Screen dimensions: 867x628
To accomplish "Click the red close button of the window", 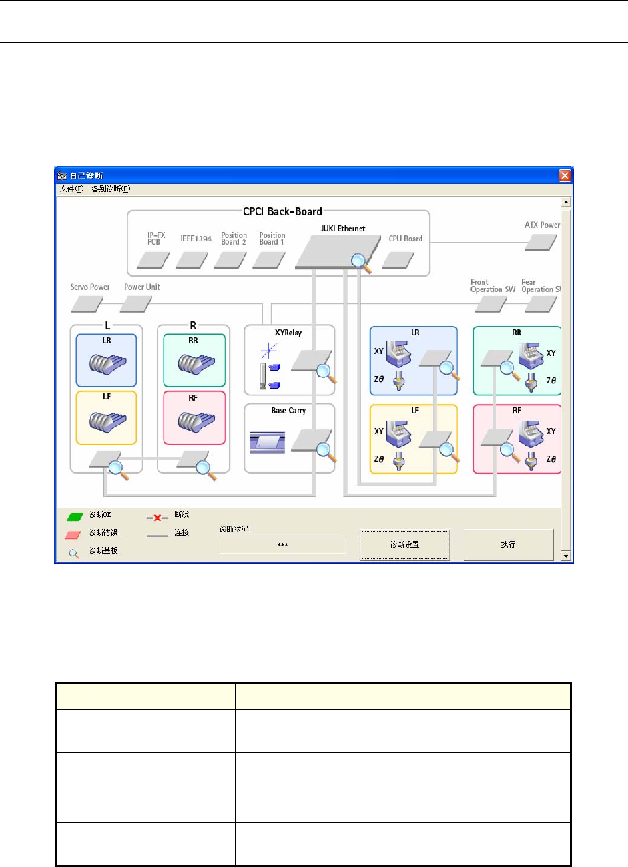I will [565, 175].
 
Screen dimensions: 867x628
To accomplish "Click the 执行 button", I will [509, 544].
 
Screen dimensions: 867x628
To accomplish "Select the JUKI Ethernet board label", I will [343, 229].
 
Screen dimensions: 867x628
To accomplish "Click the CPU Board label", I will [406, 239].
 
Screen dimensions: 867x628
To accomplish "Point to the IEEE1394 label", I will [196, 239].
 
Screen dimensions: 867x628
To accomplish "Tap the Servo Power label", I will [90, 287].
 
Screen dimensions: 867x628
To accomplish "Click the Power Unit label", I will [142, 287].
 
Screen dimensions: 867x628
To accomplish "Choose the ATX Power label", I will [542, 225].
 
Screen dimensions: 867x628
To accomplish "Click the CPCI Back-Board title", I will [282, 211].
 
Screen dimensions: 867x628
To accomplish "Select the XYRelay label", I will [288, 333].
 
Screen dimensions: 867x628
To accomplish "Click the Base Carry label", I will [288, 411].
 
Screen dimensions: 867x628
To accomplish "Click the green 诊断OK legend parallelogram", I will [75, 516].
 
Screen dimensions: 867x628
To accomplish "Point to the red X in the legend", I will [158, 518].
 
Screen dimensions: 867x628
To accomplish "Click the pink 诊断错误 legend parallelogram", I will [73, 534].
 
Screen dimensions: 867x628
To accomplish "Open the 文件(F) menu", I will [72, 189].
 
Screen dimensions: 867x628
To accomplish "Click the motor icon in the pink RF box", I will [196, 421].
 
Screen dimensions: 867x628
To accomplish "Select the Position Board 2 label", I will [234, 239].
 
